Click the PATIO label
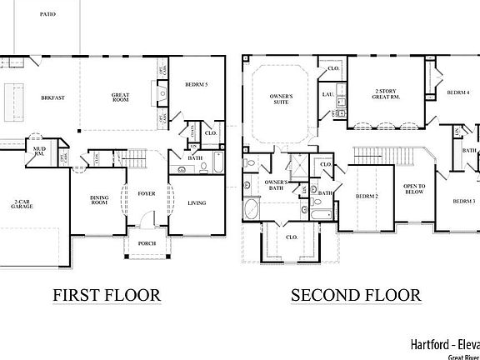click(47, 14)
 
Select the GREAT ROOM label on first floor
click(120, 97)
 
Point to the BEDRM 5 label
click(197, 85)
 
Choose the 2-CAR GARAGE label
click(22, 206)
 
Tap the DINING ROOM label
click(100, 201)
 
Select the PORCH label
click(147, 245)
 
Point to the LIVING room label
click(197, 202)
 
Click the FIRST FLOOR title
click(106, 295)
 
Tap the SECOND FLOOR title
click(356, 295)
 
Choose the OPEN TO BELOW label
click(414, 189)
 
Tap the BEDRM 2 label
click(367, 197)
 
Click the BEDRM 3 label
click(464, 202)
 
